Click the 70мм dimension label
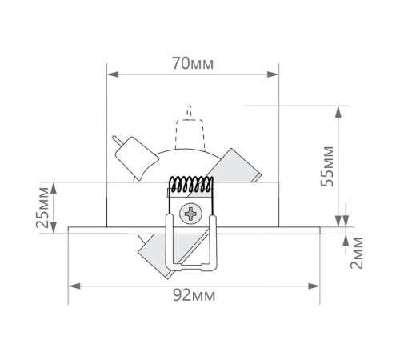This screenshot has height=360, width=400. (192, 61)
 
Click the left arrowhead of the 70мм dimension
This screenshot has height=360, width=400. (111, 75)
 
